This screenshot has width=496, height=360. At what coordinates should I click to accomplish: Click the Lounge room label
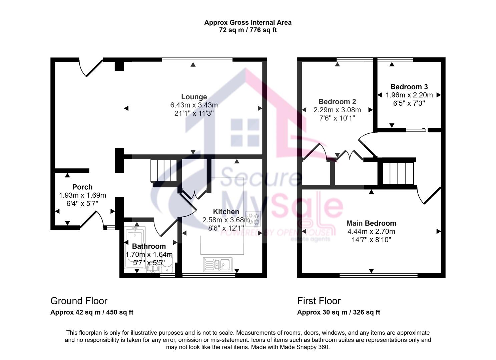[194, 97]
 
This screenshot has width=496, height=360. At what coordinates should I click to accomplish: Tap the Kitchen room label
[226, 212]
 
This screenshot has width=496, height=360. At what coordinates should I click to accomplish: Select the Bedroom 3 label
[409, 87]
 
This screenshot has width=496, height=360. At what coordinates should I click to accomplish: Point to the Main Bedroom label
[371, 223]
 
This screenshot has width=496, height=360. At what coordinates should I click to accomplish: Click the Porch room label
[82, 187]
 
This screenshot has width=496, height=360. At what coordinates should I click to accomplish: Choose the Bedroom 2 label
[337, 102]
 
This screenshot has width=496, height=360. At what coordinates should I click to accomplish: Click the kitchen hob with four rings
[253, 219]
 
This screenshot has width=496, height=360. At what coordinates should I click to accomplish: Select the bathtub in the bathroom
[134, 247]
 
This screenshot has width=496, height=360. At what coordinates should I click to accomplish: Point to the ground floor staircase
[163, 171]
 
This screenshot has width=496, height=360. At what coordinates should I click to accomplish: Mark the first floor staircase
[398, 173]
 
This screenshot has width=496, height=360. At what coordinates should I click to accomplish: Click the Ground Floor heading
[79, 301]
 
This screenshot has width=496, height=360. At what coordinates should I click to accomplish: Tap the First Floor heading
[319, 301]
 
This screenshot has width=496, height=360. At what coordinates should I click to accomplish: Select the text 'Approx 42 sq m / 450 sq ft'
[92, 312]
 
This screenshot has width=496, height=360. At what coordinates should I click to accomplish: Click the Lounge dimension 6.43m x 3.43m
[194, 105]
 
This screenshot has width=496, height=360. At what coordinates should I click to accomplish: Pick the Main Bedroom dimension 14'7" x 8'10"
[371, 240]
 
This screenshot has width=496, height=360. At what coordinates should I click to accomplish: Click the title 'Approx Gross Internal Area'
[248, 23]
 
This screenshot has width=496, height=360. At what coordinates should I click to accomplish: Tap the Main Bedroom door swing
[429, 196]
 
